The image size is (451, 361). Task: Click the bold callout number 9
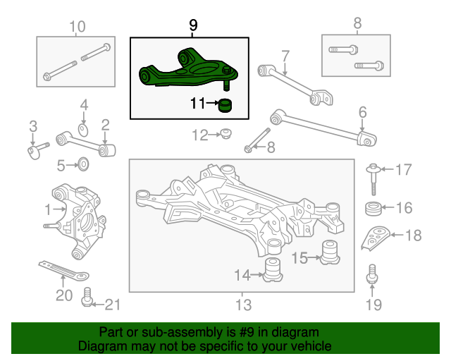(x=193, y=25)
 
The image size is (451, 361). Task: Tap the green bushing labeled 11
(x=225, y=105)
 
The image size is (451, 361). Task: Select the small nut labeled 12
(x=225, y=134)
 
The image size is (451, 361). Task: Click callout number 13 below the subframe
(x=243, y=305)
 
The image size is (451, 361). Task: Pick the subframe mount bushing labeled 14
(x=273, y=270)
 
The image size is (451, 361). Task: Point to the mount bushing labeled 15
(x=330, y=252)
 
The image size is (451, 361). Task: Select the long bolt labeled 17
(x=373, y=179)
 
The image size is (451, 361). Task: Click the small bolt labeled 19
(x=372, y=274)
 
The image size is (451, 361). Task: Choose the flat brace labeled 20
(x=64, y=271)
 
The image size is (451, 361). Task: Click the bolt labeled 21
(x=87, y=297)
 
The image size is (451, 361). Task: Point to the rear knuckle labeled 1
(x=75, y=220)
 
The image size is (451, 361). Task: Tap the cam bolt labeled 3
(x=37, y=150)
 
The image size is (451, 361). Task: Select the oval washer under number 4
(x=83, y=130)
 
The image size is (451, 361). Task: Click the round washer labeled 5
(x=83, y=164)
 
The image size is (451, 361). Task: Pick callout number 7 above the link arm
(x=285, y=56)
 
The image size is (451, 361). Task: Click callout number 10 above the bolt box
(x=78, y=27)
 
